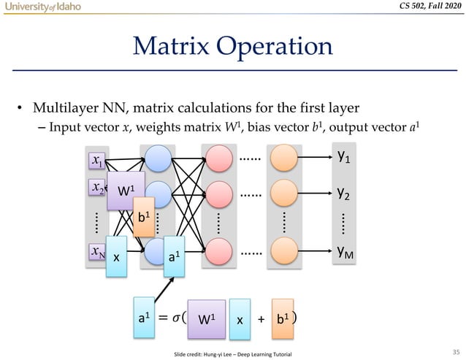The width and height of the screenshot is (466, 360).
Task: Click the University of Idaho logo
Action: click(x=40, y=7)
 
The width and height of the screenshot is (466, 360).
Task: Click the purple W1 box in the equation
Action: click(x=207, y=320)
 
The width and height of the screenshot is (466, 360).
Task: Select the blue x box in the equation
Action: click(x=240, y=320)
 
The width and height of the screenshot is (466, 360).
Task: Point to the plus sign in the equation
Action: click(x=261, y=321)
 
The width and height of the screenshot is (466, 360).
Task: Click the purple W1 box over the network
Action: click(x=126, y=191)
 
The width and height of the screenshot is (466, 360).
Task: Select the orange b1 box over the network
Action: click(x=143, y=218)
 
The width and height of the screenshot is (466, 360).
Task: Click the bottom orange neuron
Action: click(x=283, y=253)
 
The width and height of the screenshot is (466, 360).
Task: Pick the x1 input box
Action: click(x=96, y=159)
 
